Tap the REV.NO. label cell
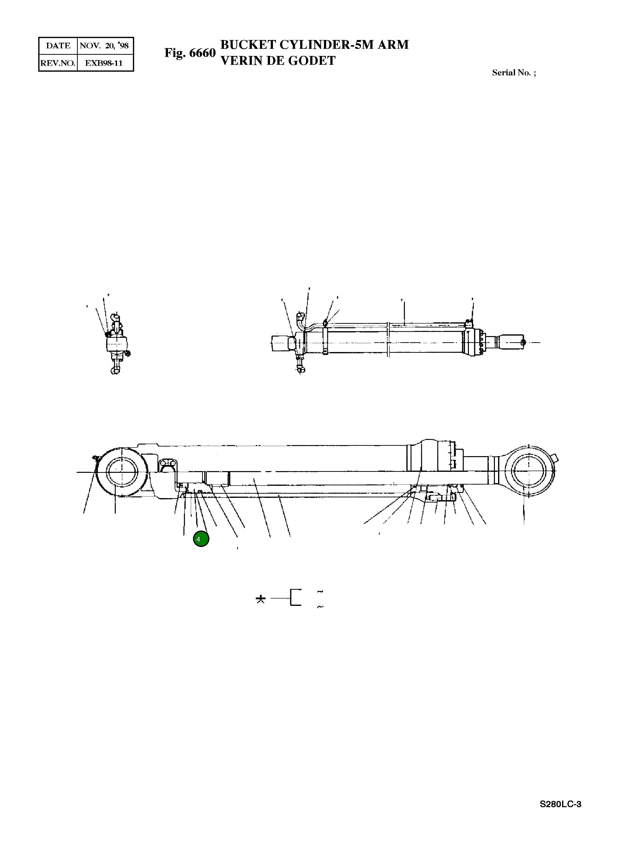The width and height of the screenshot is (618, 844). (58, 63)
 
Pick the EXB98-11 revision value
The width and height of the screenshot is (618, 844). (104, 63)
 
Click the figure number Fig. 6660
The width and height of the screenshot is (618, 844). (190, 53)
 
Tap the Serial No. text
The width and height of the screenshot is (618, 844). (513, 73)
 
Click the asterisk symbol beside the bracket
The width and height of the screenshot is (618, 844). (261, 600)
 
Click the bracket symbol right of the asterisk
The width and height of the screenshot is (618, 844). (296, 598)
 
